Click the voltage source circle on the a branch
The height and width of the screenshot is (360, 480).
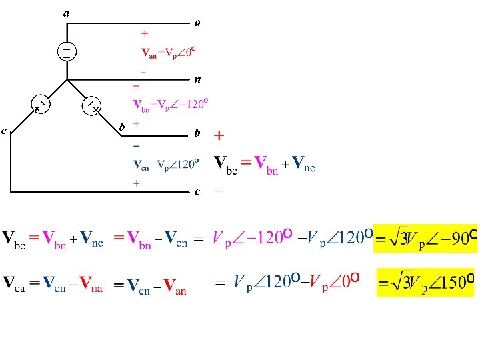[x=67, y=52]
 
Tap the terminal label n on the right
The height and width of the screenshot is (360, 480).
[x=197, y=80]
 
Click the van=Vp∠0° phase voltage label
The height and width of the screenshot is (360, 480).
[x=168, y=51]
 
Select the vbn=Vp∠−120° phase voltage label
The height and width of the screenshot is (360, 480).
[x=171, y=105]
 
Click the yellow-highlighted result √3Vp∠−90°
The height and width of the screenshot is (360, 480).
[x=426, y=239]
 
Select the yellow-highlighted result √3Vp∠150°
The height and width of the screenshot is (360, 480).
[x=426, y=282]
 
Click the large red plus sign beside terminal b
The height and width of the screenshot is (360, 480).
[x=219, y=136]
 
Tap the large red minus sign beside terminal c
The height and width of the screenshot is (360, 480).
[x=218, y=191]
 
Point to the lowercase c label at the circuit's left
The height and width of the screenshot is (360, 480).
[x=5, y=131]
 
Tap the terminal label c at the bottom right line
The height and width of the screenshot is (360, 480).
[x=197, y=192]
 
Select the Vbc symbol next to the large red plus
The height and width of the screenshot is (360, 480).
[x=225, y=163]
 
